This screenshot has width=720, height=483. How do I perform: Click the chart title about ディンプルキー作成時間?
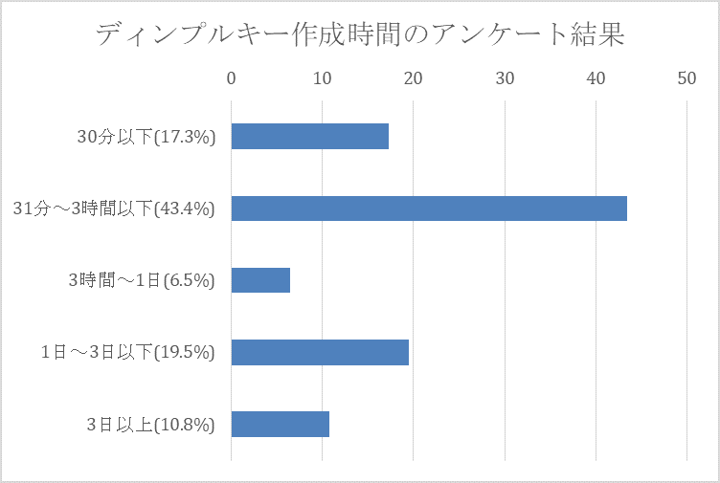point(359,36)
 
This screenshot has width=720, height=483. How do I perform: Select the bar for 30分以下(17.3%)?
point(309,137)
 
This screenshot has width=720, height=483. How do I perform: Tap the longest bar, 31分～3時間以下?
point(429,209)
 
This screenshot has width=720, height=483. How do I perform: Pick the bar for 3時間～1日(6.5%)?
point(260,280)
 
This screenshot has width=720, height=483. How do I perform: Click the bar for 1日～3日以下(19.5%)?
point(320,352)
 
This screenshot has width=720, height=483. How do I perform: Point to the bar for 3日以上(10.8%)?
point(280,424)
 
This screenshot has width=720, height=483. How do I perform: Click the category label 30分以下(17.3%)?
point(146,137)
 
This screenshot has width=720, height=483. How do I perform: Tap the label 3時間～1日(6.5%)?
point(142,280)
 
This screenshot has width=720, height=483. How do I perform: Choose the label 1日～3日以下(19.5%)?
point(128,352)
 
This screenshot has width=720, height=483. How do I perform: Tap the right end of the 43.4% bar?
point(624,209)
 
